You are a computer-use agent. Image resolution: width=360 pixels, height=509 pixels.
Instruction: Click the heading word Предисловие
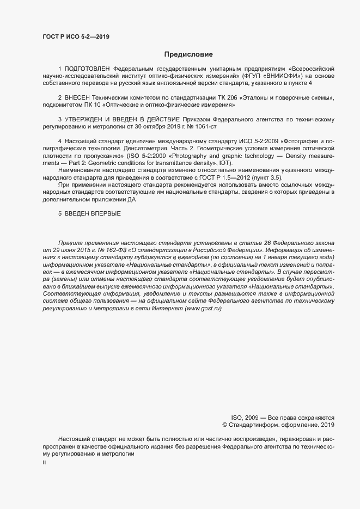188,54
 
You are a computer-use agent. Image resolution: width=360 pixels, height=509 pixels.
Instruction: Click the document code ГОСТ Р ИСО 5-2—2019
79,36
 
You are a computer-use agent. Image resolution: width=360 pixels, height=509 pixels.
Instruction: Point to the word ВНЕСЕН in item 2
81,97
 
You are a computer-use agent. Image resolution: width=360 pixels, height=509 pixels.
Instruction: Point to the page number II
44,462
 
